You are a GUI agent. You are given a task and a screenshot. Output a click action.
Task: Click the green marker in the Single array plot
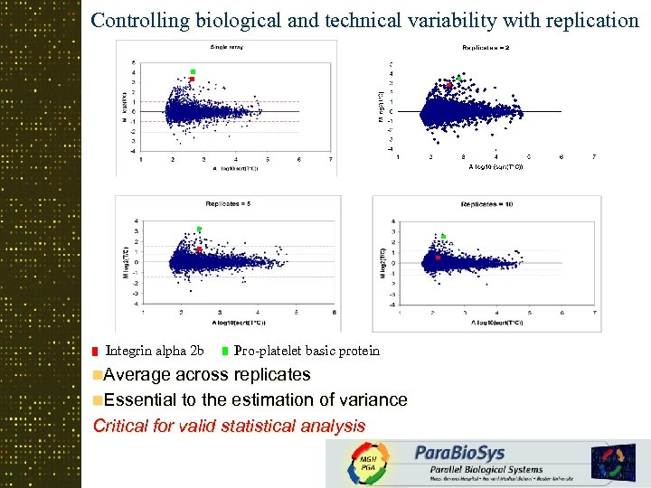193,71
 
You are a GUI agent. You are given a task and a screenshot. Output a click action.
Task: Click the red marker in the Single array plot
193,80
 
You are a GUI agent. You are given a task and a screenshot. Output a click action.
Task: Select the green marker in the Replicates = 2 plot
458,79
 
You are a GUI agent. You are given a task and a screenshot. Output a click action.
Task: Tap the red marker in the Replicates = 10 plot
438,257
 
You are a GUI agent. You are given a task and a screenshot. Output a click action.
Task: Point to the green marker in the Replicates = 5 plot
199,230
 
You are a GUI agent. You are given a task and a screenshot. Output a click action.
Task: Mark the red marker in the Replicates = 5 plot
199,249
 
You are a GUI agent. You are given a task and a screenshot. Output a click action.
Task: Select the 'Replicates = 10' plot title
486,204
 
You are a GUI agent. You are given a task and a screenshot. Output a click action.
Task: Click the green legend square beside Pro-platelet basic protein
224,352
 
